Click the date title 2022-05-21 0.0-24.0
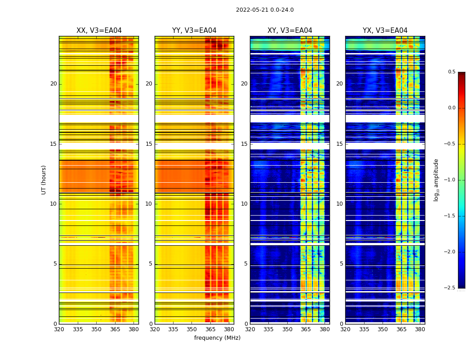[x=265, y=10]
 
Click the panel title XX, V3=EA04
[x=99, y=31]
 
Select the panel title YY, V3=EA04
[x=194, y=31]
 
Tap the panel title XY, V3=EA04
[x=289, y=31]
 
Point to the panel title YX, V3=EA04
[x=385, y=31]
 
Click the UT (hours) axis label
[x=44, y=180]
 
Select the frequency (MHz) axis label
[x=217, y=338]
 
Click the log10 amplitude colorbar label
[x=436, y=180]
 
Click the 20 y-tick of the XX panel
[x=54, y=84]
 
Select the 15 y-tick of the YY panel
[x=149, y=144]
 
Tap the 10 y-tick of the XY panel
[x=245, y=204]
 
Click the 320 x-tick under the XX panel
[x=59, y=329]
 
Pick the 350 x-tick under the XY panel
[x=287, y=329]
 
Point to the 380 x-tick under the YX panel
[x=420, y=329]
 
